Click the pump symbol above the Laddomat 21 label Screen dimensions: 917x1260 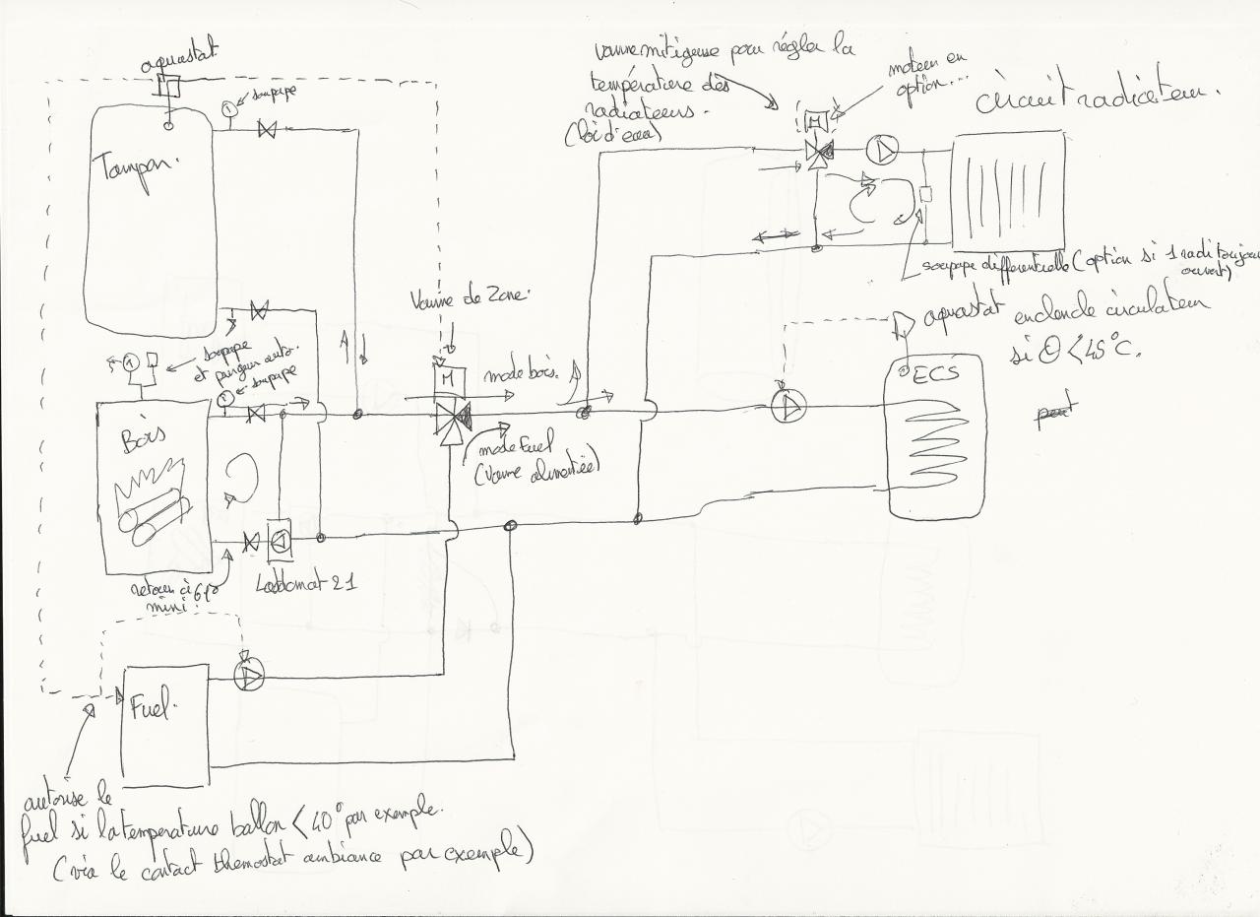(x=280, y=539)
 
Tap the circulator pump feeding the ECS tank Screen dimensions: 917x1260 (x=789, y=406)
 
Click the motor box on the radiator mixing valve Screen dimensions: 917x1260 (x=816, y=122)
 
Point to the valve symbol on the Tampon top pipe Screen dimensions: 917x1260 (x=266, y=128)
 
